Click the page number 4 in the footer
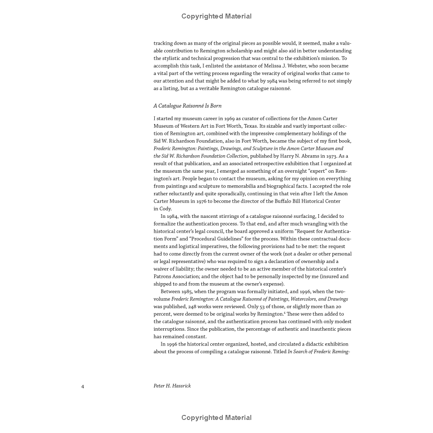coord(83,386)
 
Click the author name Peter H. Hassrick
coord(172,386)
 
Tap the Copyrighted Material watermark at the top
coord(216,16)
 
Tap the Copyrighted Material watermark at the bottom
coord(216,418)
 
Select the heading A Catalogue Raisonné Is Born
coord(187,106)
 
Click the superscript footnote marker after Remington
coord(285,313)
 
